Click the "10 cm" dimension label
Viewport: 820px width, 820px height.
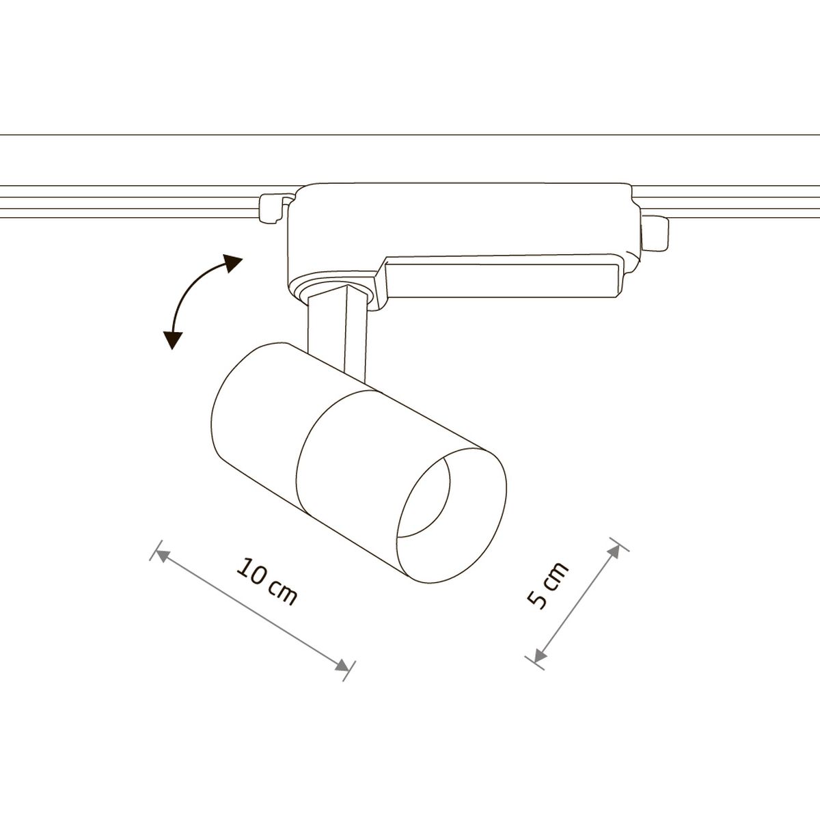pyautogui.click(x=266, y=582)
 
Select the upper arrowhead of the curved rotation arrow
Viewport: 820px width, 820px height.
pyautogui.click(x=233, y=262)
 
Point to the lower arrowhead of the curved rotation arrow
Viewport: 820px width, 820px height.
pyautogui.click(x=172, y=340)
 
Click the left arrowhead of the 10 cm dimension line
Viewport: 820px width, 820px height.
pyautogui.click(x=162, y=555)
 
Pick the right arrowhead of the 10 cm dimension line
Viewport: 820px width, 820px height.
pyautogui.click(x=342, y=666)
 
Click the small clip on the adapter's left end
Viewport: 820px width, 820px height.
pyautogui.click(x=273, y=208)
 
